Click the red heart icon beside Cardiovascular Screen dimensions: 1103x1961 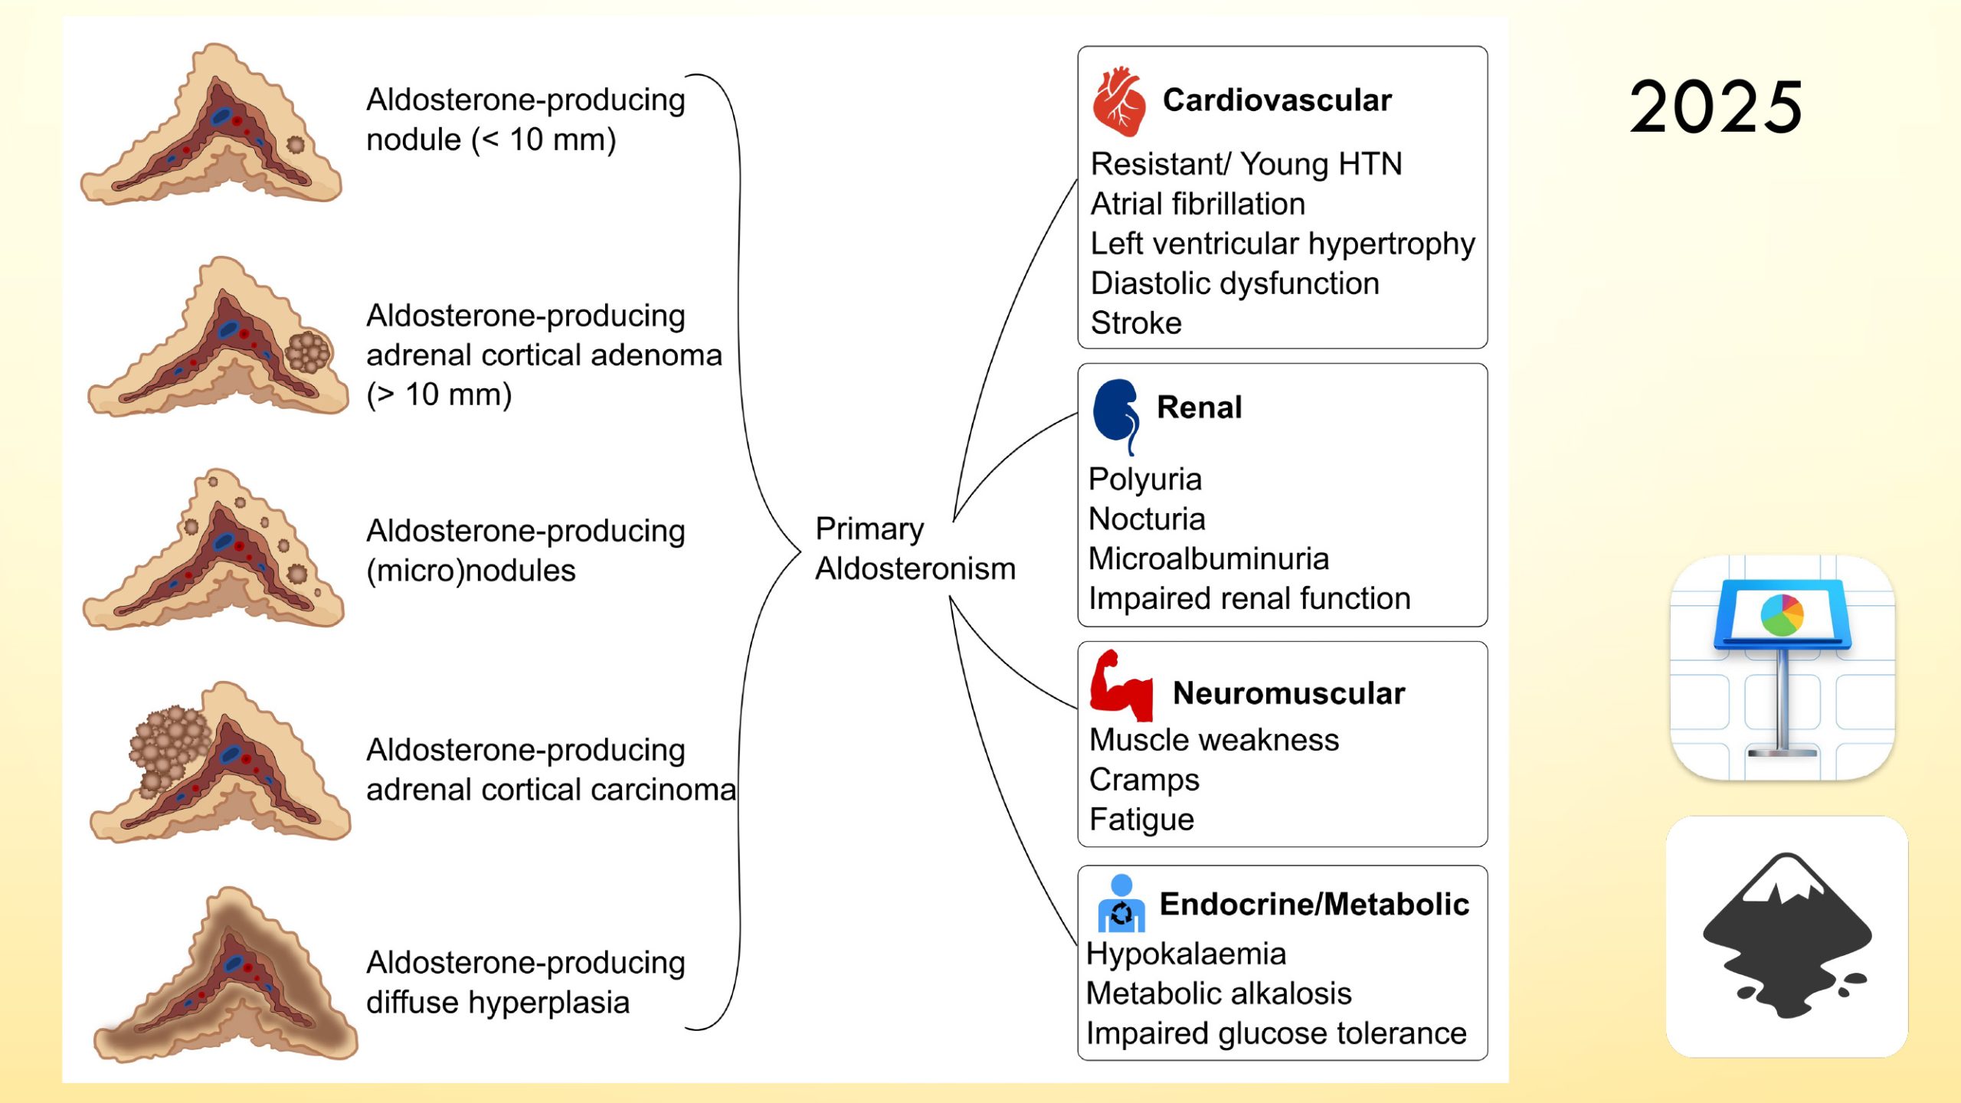pos(1119,103)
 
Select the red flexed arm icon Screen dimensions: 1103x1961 pos(1121,686)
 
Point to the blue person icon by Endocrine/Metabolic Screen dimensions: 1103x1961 pos(1121,904)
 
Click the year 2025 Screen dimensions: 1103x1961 pos(1716,107)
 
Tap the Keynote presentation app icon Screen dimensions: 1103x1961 pos(1783,668)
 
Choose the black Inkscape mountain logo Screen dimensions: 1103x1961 pos(1786,936)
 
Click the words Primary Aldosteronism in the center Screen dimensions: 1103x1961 pos(915,548)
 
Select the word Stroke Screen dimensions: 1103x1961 pos(1136,323)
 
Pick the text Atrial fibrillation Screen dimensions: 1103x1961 pos(1198,204)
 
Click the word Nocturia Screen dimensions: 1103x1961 pos(1147,519)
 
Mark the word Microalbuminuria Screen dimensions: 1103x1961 pos(1208,559)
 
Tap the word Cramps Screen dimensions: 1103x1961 pos(1144,780)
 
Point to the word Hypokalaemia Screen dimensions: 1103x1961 pos(1186,954)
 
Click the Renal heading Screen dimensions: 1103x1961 pos(1199,407)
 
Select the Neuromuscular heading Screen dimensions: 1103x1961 pos(1288,693)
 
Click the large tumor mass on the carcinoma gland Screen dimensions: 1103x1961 pos(167,747)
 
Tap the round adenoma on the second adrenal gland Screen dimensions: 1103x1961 pos(308,352)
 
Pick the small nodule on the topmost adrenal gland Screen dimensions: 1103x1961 pos(295,144)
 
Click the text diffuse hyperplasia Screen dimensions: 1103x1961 pos(498,1003)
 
